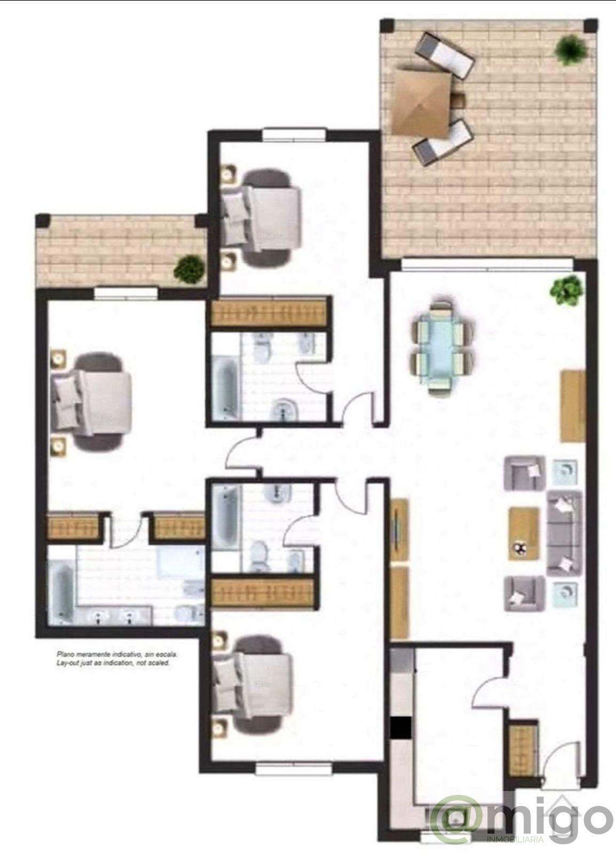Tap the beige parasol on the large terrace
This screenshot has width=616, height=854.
[421, 102]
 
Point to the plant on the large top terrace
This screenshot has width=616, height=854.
[571, 50]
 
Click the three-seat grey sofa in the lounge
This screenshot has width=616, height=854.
[564, 533]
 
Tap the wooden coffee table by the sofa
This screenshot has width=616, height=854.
[524, 533]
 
